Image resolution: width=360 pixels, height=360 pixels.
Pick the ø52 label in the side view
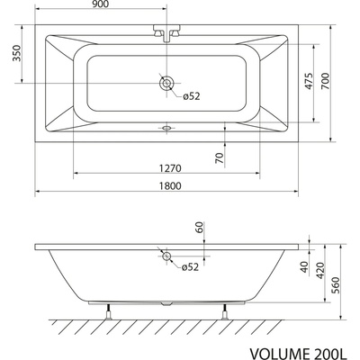point(190,267)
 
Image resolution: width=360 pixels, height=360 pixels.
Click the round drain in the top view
point(166,84)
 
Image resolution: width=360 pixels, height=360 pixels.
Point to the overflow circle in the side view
point(166,257)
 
